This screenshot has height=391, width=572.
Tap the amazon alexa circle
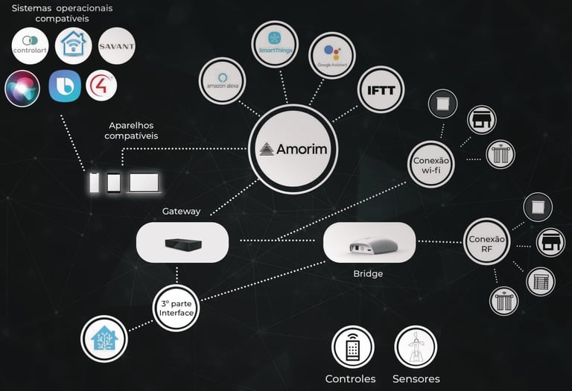point(223,80)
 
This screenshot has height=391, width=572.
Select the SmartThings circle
point(275,45)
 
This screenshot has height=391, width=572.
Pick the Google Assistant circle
point(331,55)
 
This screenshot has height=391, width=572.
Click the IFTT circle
point(381,91)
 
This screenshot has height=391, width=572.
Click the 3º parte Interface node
point(176,308)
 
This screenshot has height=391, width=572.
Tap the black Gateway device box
point(182,243)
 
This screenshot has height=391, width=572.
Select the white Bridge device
point(369,241)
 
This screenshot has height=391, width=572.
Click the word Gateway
point(181,212)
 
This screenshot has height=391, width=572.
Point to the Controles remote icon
point(353,347)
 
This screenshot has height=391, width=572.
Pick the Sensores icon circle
point(416,347)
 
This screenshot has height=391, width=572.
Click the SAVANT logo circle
point(116,46)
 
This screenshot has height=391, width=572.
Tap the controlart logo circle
point(31,46)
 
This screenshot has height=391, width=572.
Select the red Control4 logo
point(101,86)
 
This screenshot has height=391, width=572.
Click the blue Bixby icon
point(65,86)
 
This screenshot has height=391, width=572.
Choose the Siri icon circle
point(22,88)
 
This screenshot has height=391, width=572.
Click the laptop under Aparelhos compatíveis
point(144,182)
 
